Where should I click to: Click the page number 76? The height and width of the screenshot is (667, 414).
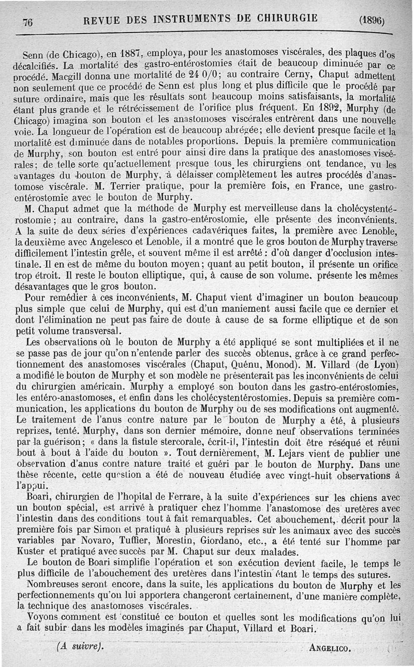click(x=28, y=21)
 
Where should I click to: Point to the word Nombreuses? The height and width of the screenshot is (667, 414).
click(x=52, y=586)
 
